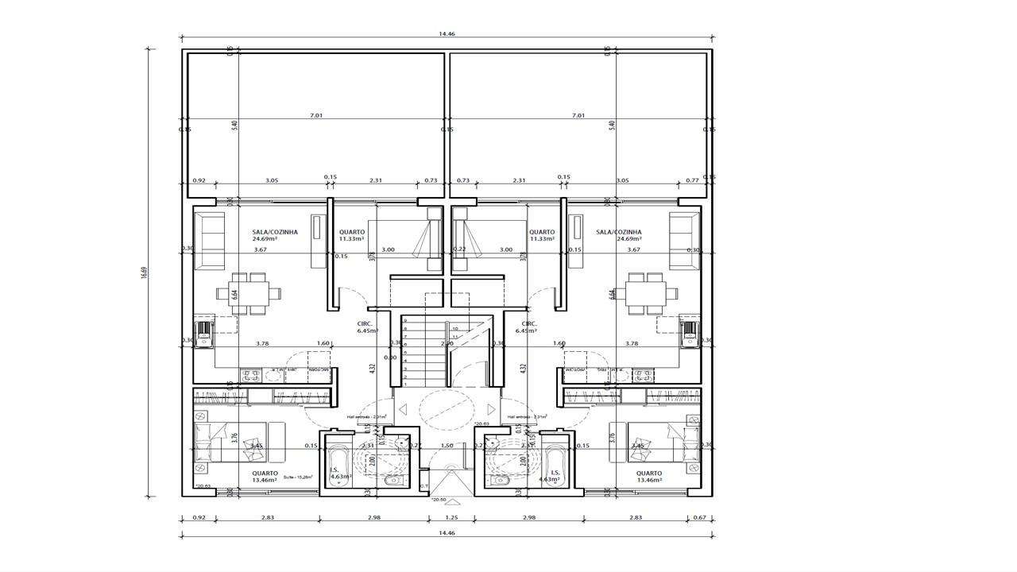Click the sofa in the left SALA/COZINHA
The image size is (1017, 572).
(211, 241)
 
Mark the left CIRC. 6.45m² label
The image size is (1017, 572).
(365, 327)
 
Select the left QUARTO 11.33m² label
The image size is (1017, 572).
(351, 235)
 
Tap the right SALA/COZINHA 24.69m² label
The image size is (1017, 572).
(618, 235)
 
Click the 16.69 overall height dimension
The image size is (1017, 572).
(145, 272)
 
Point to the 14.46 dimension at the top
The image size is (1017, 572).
(446, 35)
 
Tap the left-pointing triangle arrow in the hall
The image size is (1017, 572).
(402, 410)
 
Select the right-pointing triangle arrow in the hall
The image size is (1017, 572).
(491, 410)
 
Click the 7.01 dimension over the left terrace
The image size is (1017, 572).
(315, 116)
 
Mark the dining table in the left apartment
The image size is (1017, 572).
(249, 292)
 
